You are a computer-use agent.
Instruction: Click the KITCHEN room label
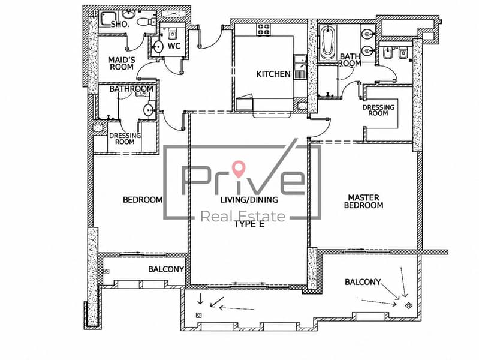pyautogui.click(x=273, y=74)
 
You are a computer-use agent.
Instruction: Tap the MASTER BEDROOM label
pyautogui.click(x=363, y=201)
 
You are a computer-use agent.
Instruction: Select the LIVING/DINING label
pyautogui.click(x=249, y=200)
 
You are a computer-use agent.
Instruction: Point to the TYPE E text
pyautogui.click(x=249, y=224)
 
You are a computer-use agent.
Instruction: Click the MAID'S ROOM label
pyautogui.click(x=121, y=64)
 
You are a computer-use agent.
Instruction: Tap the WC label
pyautogui.click(x=174, y=46)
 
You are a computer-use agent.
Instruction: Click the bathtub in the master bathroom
pyautogui.click(x=327, y=43)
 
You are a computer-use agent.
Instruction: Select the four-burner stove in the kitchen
pyautogui.click(x=264, y=29)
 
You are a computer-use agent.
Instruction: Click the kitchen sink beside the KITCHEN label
pyautogui.click(x=300, y=67)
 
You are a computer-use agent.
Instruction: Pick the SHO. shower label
pyautogui.click(x=120, y=25)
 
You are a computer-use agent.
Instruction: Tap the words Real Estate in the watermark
pyautogui.click(x=243, y=216)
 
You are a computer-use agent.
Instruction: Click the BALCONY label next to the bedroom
pyautogui.click(x=166, y=269)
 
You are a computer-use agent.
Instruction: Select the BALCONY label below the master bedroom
pyautogui.click(x=363, y=281)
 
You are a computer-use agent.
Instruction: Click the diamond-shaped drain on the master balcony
pyautogui.click(x=408, y=305)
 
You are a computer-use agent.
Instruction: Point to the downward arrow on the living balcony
pyautogui.click(x=200, y=299)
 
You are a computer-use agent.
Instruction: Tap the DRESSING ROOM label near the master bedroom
pyautogui.click(x=378, y=110)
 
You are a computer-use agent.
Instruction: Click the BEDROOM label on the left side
pyautogui.click(x=143, y=200)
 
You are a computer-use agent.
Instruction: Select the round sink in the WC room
pyautogui.click(x=158, y=47)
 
